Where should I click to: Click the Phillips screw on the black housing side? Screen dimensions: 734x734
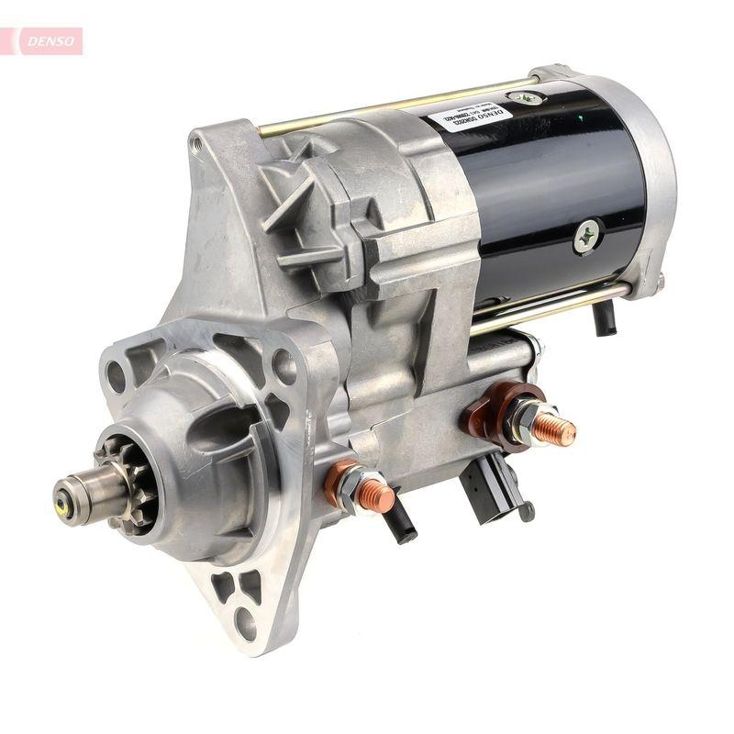(x=586, y=236)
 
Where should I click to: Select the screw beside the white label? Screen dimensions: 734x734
(x=525, y=96)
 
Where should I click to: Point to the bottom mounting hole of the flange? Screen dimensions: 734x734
(x=246, y=623)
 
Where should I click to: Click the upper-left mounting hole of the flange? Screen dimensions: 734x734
(x=117, y=375)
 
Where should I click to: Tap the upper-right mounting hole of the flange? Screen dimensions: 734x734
(x=284, y=367)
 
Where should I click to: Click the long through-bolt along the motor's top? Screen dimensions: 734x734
(x=385, y=110)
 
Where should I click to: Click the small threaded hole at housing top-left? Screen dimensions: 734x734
(x=195, y=142)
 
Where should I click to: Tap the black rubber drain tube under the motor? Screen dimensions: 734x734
(x=605, y=317)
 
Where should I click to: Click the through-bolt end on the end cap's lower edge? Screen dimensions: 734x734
(x=659, y=281)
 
